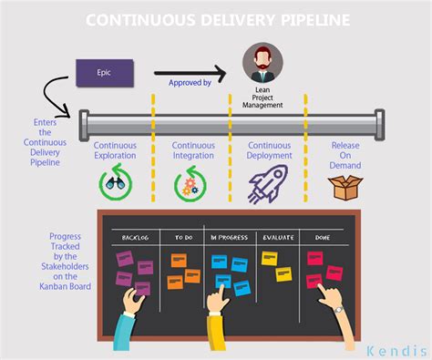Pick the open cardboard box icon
[345, 185]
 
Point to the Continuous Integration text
[193, 151]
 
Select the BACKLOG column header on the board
[135, 237]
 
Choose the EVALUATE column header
[277, 237]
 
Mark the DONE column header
[322, 237]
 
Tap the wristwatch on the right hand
[339, 308]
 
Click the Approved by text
[190, 83]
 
